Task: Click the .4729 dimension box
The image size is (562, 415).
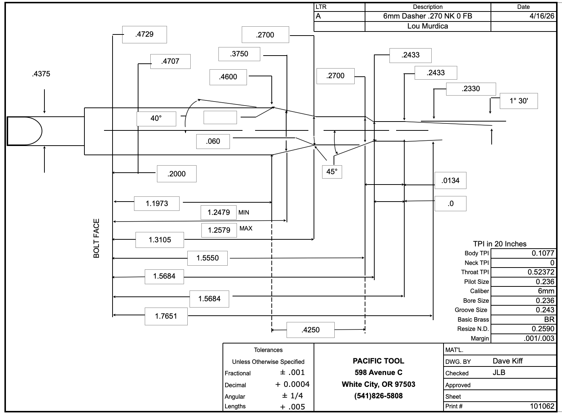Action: (x=144, y=34)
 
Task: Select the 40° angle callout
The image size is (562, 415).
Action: (x=156, y=119)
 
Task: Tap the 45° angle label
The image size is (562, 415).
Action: (x=332, y=172)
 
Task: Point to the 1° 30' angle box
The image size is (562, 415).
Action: (x=519, y=101)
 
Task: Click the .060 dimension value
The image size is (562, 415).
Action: (x=213, y=142)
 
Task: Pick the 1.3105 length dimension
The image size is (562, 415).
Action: (x=160, y=240)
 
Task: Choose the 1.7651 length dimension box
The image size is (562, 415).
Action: (x=166, y=316)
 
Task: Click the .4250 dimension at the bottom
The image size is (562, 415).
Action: (x=310, y=330)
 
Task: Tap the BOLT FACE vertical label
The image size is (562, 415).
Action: (x=96, y=239)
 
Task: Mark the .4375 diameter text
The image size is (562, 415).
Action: (x=41, y=74)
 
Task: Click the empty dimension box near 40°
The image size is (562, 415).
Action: (x=220, y=117)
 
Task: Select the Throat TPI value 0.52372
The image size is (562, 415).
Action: (x=541, y=272)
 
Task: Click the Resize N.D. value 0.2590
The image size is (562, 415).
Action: (x=543, y=329)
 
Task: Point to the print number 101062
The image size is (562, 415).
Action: (x=542, y=406)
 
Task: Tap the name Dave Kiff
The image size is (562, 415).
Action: (x=508, y=361)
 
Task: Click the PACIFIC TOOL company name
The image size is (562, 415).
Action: (x=378, y=361)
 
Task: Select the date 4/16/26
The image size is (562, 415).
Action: (x=542, y=16)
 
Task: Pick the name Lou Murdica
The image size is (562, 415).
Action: (x=428, y=26)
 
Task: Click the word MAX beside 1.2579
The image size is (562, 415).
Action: (x=246, y=228)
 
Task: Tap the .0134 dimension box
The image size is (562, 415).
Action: (x=451, y=180)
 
